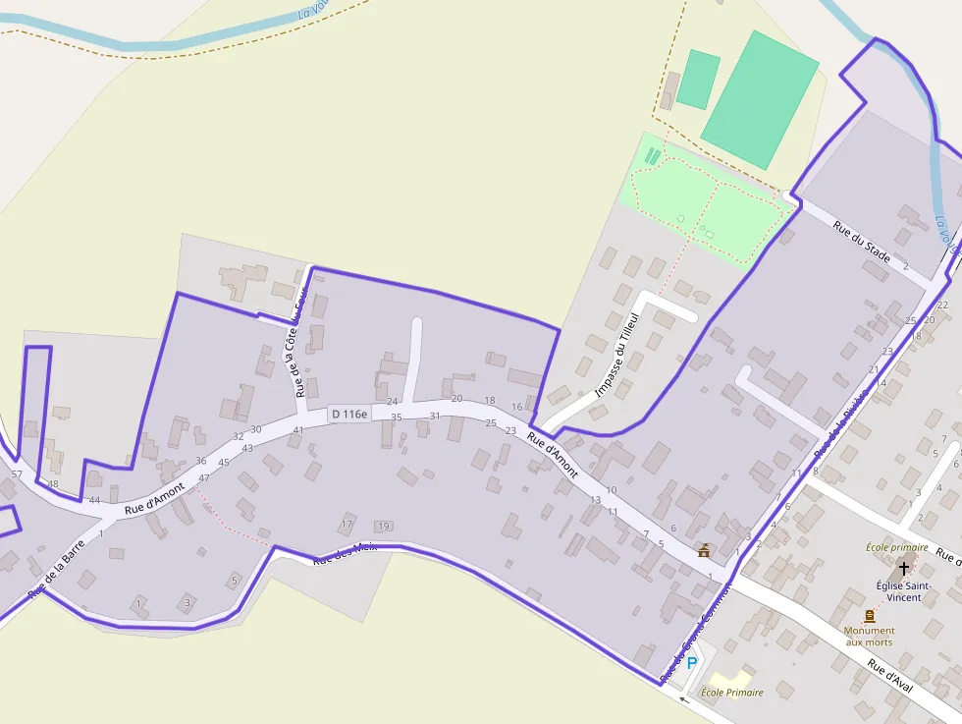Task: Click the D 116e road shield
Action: (x=348, y=415)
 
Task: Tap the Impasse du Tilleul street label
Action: (x=616, y=355)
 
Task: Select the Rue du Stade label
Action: (x=861, y=242)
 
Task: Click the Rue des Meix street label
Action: (x=345, y=553)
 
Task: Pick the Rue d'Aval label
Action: (x=889, y=676)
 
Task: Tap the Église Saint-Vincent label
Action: (x=899, y=590)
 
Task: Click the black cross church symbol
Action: (x=904, y=569)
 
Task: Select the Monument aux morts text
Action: (x=869, y=636)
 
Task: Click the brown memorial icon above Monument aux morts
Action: (x=869, y=616)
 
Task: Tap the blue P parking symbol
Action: (x=691, y=664)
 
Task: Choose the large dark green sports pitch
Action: (x=760, y=98)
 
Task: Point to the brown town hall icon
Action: (x=703, y=550)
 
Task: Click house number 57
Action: (x=16, y=474)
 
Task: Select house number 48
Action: (x=53, y=483)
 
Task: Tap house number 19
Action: (x=383, y=527)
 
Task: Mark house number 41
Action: (x=298, y=430)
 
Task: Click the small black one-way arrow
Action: (x=684, y=700)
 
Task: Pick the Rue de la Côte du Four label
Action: (x=301, y=337)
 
